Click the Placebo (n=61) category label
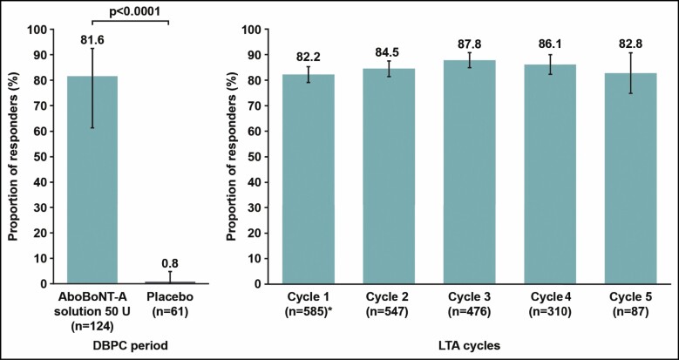tap(173, 302)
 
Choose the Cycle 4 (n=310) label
tap(551, 302)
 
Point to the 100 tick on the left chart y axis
tap(35, 29)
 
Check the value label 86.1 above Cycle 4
tap(551, 47)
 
